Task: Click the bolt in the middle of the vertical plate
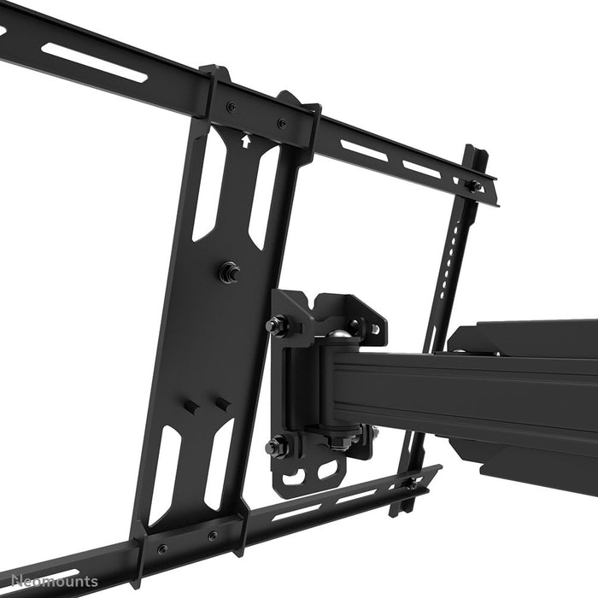coord(229,273)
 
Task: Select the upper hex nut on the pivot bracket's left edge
coord(277,325)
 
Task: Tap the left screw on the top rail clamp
coord(232,108)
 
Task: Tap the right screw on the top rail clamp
coord(282,123)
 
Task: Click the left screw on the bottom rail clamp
coord(162,548)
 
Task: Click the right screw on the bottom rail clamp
coord(213,536)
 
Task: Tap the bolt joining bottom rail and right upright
coord(413,484)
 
